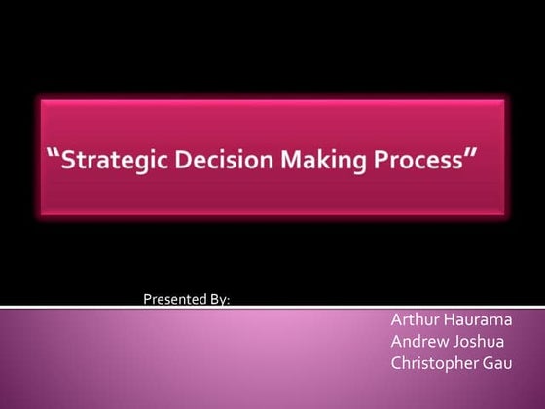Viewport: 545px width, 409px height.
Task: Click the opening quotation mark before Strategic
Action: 54,154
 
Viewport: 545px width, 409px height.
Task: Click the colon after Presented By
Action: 229,300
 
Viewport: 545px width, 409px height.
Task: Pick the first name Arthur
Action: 413,320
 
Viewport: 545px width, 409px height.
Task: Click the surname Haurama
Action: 477,320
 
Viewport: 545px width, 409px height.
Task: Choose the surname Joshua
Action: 476,342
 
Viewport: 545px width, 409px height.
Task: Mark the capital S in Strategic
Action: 69,159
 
